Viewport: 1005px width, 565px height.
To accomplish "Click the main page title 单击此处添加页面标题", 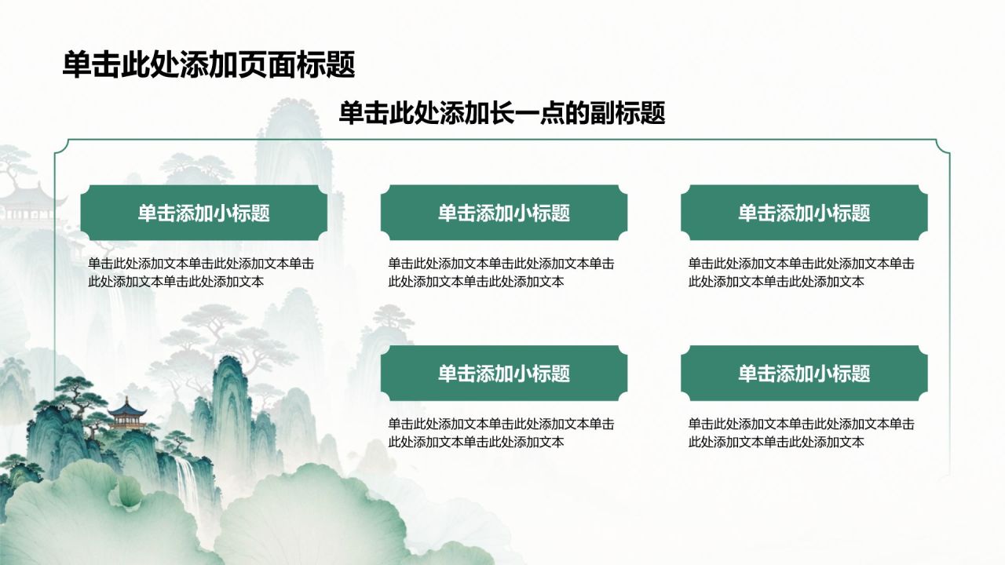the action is tap(209, 64).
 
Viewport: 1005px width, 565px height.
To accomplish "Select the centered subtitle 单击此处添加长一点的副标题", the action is tap(502, 112).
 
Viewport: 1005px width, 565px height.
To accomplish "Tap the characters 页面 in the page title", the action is tap(268, 64).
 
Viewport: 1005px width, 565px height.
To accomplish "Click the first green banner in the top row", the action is tap(203, 213).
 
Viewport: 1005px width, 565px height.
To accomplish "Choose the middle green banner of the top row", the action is tap(504, 213).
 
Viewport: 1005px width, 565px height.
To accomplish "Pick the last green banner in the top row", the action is tap(804, 213).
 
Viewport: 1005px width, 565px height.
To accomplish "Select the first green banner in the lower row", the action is tap(504, 373).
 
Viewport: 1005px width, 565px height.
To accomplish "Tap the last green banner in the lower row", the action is tap(804, 373).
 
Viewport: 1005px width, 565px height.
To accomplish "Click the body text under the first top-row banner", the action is tap(201, 272).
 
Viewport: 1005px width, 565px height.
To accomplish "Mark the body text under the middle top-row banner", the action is tap(501, 272).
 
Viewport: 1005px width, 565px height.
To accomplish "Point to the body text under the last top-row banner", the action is tap(802, 272).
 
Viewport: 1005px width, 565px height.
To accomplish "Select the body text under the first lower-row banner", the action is tap(501, 433).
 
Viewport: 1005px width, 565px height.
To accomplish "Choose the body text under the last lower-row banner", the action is tap(802, 433).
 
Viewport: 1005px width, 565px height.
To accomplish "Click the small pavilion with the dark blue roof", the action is tap(127, 414).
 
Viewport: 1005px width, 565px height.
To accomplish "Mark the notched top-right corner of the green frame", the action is tap(942, 147).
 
